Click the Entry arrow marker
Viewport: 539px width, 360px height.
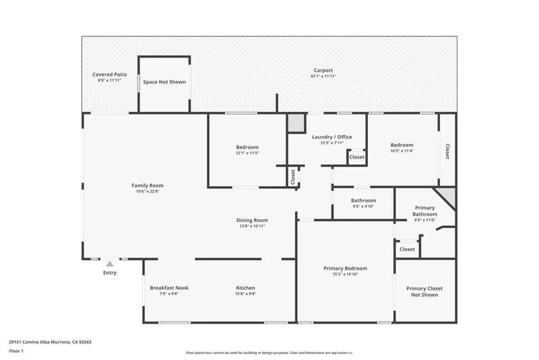(110, 264)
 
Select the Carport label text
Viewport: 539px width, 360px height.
(323, 70)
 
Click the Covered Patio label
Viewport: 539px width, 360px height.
(109, 74)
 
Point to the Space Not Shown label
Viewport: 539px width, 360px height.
(164, 82)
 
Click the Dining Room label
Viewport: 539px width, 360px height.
(252, 220)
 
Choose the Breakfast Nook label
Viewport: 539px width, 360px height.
(169, 288)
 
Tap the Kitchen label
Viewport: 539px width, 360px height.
(245, 288)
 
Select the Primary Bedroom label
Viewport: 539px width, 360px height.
(345, 268)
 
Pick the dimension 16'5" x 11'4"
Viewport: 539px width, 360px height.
(402, 151)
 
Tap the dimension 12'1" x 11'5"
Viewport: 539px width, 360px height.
(247, 153)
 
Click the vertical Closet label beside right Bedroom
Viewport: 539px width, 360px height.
(447, 152)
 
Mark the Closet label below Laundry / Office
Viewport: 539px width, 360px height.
(356, 157)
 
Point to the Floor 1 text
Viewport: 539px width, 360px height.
(16, 351)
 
